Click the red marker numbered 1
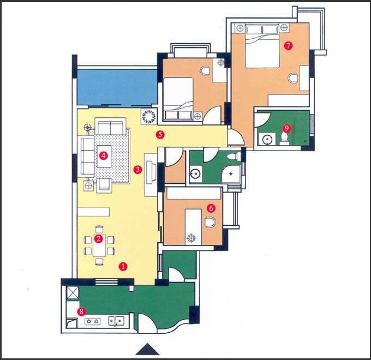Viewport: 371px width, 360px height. tap(123, 267)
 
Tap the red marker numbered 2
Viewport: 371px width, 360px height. tap(98, 239)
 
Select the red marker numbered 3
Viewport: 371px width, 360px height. tap(137, 169)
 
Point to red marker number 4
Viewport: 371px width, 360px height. tap(104, 155)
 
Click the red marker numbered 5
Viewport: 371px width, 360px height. tap(160, 135)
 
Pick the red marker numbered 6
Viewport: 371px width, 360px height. tap(211, 208)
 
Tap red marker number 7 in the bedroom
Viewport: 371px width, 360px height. tap(288, 46)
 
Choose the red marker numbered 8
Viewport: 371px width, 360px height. tap(81, 311)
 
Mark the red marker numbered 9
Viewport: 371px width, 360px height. tap(286, 128)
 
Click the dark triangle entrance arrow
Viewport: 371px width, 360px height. tap(147, 349)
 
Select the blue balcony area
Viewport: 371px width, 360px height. tap(117, 87)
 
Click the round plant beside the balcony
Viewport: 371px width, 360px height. tap(149, 116)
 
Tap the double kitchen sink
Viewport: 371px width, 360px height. tap(116, 321)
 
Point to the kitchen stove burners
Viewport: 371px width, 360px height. tap(92, 321)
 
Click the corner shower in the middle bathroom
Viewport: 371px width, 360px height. tap(231, 174)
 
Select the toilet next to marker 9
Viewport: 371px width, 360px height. tap(284, 139)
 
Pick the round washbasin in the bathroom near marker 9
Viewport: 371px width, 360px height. tap(267, 139)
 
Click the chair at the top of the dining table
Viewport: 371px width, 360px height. tap(99, 229)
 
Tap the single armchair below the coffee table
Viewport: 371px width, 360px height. tap(104, 184)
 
